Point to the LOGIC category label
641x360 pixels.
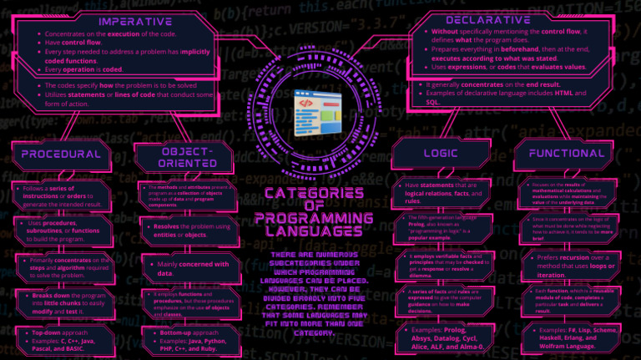[x=440, y=154]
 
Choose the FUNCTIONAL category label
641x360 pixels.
[x=566, y=154]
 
